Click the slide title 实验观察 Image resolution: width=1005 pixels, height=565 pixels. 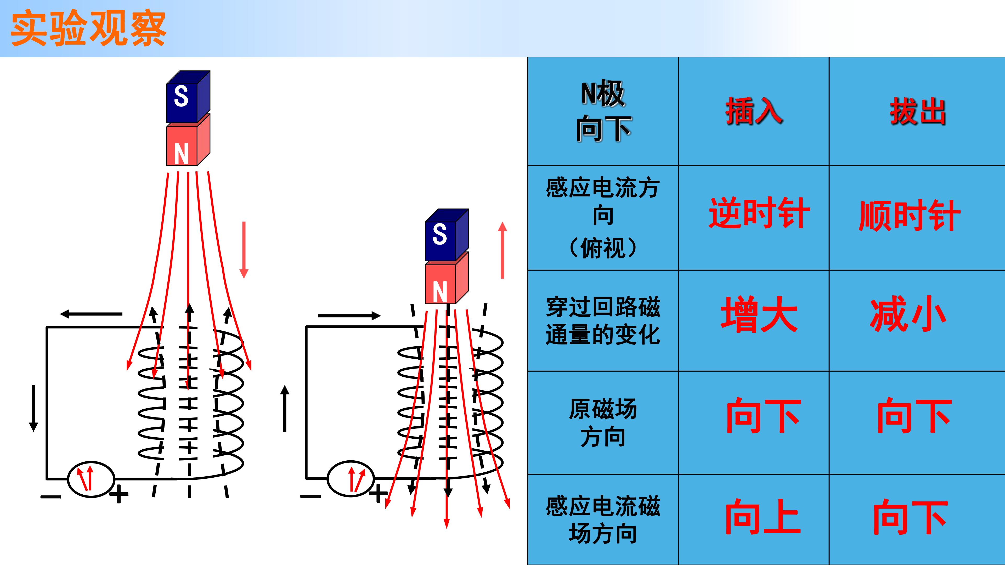pos(89,29)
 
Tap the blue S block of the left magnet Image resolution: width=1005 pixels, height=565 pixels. pos(188,97)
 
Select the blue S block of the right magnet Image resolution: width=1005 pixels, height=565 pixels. pos(447,235)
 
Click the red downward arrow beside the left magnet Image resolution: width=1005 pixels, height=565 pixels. pos(244,250)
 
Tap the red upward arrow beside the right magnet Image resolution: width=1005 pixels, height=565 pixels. pos(502,250)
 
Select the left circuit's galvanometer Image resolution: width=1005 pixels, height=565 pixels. pos(91,479)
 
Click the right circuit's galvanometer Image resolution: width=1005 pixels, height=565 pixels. pos(350,479)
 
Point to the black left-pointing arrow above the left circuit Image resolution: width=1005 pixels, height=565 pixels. pos(91,313)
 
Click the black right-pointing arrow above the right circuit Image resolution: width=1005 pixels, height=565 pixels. pos(349,315)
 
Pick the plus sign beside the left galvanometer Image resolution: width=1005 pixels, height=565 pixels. pos(118,495)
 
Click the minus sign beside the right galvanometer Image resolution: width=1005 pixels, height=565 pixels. pos(310,496)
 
